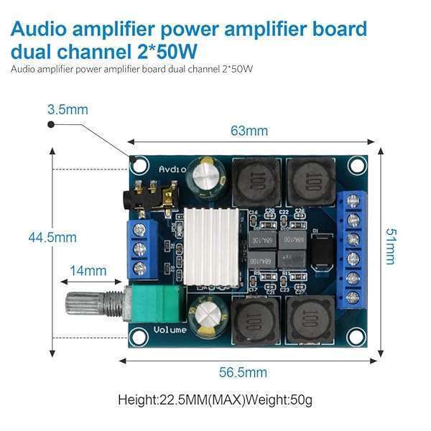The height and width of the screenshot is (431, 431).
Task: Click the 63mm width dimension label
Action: point(249,131)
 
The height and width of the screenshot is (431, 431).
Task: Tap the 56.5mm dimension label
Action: point(243,372)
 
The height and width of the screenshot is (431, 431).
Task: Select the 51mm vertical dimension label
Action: point(389,246)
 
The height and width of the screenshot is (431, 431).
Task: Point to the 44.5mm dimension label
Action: point(52,237)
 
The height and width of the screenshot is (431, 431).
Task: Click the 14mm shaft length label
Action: point(88,271)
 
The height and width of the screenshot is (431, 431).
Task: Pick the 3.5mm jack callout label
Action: point(67,110)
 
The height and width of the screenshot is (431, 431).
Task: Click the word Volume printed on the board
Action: point(170,330)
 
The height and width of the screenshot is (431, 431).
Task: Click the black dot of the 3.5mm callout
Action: point(51,124)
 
